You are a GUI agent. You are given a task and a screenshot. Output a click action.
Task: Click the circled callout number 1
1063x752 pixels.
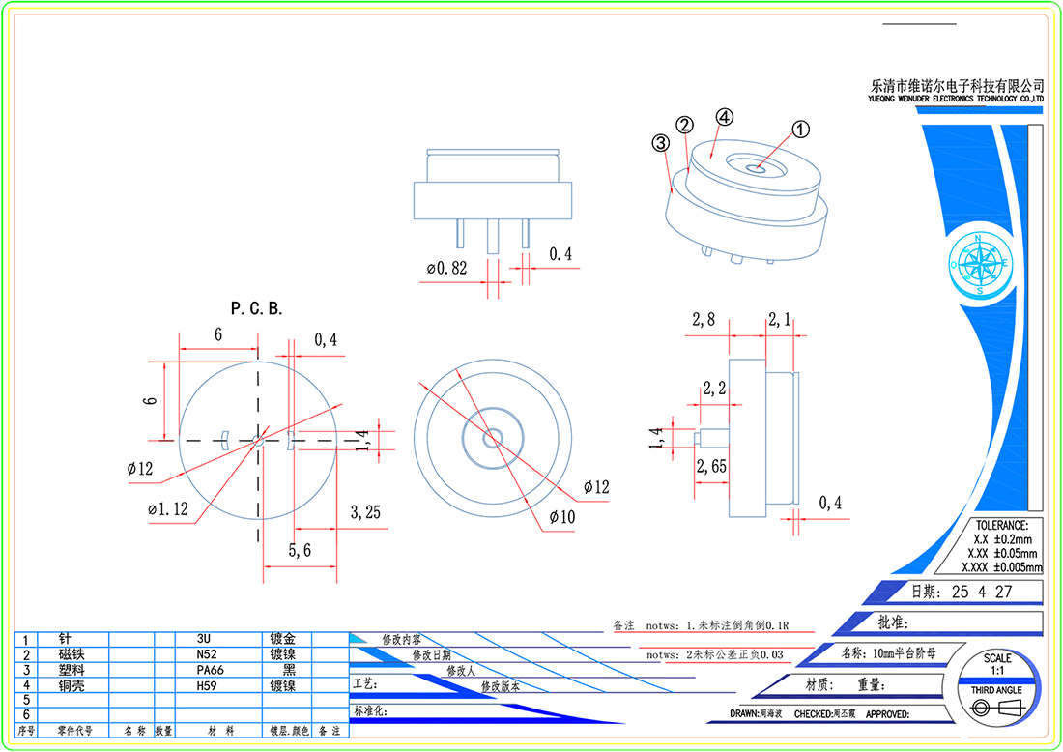[x=800, y=129]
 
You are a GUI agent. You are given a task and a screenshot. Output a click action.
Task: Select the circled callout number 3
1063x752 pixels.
[x=661, y=143]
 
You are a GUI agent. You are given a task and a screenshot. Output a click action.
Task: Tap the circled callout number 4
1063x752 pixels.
[x=724, y=117]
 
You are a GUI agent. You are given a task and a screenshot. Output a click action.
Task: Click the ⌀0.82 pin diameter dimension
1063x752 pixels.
[x=445, y=268]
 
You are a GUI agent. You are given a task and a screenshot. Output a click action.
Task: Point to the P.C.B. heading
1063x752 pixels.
[x=256, y=309]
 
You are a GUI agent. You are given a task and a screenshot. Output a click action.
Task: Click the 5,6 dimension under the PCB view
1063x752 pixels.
[x=300, y=550]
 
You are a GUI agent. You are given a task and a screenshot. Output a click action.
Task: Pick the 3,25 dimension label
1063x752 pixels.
[x=365, y=512]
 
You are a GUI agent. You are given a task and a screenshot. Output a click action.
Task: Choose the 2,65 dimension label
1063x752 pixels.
[x=712, y=466]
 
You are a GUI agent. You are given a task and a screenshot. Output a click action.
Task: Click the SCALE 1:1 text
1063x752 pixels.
[x=997, y=664]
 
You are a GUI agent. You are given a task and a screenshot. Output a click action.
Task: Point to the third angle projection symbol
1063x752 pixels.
[x=996, y=709]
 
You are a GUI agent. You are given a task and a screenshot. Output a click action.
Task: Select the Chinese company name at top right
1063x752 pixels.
[x=958, y=86]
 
